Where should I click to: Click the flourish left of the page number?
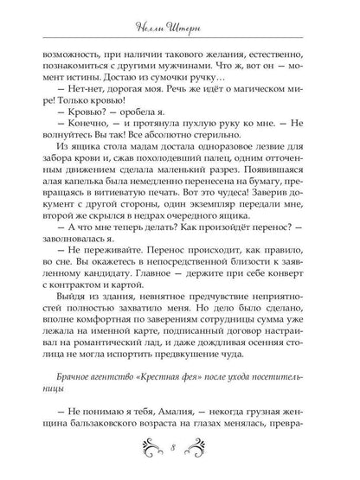click(x=147, y=449)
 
